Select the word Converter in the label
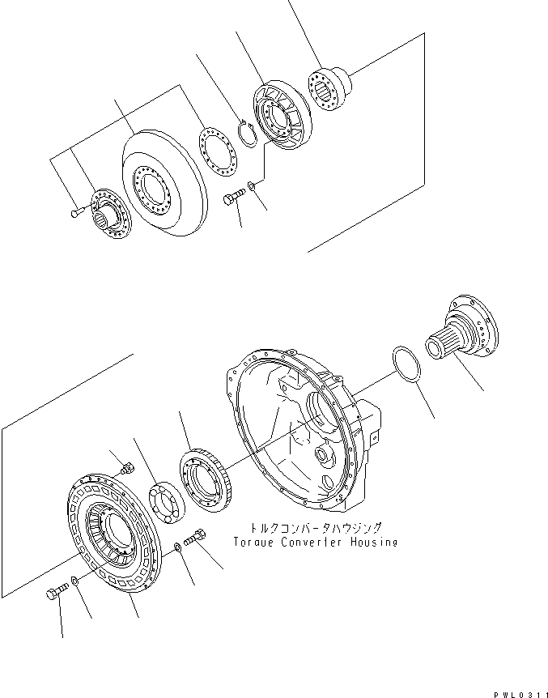310,542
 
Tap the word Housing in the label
370,542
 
